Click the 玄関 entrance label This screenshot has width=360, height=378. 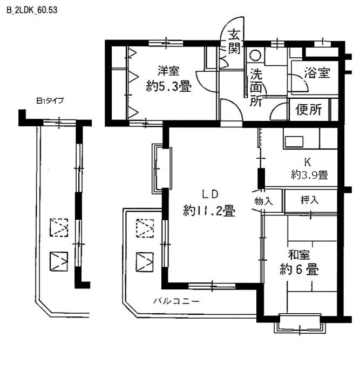(x=234, y=41)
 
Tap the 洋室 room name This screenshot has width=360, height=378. (x=168, y=71)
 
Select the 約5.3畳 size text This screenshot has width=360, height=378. (x=169, y=86)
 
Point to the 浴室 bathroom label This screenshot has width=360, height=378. (x=317, y=73)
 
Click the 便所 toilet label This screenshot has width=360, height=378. (x=309, y=110)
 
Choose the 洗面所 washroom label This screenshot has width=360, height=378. (x=256, y=87)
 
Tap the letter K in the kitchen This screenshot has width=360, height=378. (x=308, y=162)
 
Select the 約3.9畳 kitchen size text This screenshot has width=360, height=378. (x=309, y=174)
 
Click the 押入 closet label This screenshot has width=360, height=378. (x=310, y=200)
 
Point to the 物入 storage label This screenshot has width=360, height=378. (x=263, y=201)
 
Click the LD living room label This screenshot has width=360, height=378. (x=210, y=194)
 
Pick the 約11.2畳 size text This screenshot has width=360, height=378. (x=209, y=211)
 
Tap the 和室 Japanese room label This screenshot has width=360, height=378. (x=299, y=255)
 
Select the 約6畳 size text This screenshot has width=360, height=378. (x=299, y=269)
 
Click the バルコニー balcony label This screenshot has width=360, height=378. (x=176, y=301)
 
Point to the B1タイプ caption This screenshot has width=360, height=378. (x=50, y=100)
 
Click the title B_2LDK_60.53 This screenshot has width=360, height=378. (x=32, y=10)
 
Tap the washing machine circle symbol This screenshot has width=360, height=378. (x=255, y=55)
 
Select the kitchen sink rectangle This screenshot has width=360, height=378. (x=294, y=141)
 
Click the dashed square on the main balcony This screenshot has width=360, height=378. (x=145, y=228)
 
